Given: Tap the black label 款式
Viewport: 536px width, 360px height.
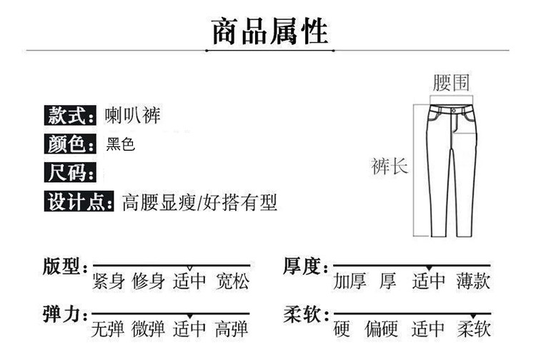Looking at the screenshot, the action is pyautogui.click(x=71, y=114).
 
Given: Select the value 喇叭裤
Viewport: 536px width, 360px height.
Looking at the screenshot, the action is pyautogui.click(x=132, y=114).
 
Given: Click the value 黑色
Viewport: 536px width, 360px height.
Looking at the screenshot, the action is pyautogui.click(x=120, y=144).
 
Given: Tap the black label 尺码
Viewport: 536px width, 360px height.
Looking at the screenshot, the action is pyautogui.click(x=71, y=173).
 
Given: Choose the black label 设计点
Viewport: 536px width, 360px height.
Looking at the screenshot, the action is pyautogui.click(x=78, y=202).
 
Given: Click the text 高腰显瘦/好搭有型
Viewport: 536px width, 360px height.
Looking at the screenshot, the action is pyautogui.click(x=200, y=203).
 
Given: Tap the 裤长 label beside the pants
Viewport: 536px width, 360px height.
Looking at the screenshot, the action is pyautogui.click(x=389, y=167).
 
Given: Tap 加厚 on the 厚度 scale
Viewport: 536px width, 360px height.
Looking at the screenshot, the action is pyautogui.click(x=350, y=281).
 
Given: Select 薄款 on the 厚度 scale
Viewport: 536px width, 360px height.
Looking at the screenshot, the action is pyautogui.click(x=473, y=281).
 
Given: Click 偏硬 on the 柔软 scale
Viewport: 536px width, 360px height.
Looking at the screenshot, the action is pyautogui.click(x=383, y=329).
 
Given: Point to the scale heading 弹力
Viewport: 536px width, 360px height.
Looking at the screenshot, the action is pyautogui.click(x=63, y=315).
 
